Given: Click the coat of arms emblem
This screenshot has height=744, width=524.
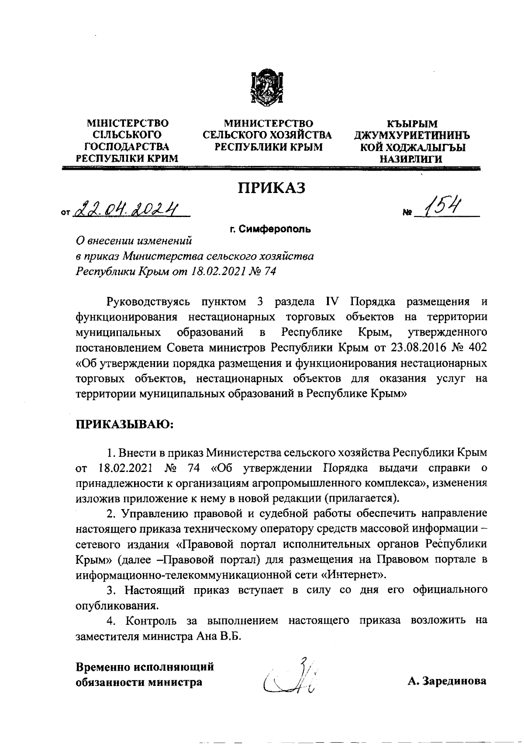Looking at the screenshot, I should tap(266, 88).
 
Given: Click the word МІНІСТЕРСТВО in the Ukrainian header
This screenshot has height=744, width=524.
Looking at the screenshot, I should tap(128, 124).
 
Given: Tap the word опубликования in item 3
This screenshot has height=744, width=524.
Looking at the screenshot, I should tap(116, 606).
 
